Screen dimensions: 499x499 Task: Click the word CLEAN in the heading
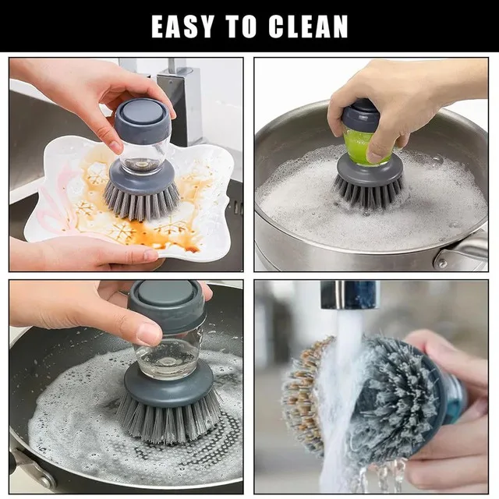pyautogui.click(x=310, y=26)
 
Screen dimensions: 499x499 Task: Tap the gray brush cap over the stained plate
pyautogui.click(x=142, y=118)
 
